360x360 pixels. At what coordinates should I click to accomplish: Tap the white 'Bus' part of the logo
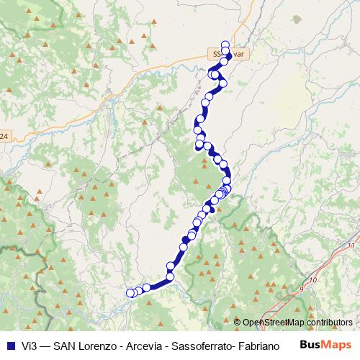coord(310,345)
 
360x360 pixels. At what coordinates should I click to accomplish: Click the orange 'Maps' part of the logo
coord(338,345)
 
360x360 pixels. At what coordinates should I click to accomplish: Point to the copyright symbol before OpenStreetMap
coord(238,323)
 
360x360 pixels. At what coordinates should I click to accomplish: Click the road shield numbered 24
coord(4,135)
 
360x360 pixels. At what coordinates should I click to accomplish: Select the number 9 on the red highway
coord(301,289)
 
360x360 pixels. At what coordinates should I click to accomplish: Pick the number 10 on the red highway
coord(312,279)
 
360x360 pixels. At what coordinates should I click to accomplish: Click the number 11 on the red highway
coord(351,246)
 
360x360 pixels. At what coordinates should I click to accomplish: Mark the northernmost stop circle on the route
coord(225,44)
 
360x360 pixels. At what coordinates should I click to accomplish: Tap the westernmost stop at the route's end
coord(130,292)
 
